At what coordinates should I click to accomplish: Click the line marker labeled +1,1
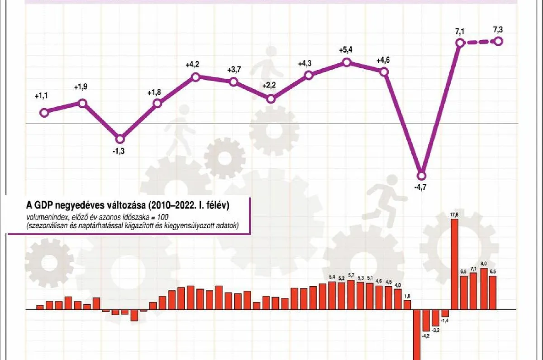click(x=44, y=113)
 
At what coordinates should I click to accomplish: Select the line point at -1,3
click(x=120, y=139)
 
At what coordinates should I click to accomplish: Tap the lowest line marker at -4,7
click(x=422, y=175)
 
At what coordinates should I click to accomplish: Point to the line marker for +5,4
click(x=347, y=62)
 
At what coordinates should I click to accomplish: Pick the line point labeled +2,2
click(x=271, y=99)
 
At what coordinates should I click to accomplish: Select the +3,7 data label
click(x=233, y=70)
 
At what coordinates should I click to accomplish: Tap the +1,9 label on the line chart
click(x=82, y=88)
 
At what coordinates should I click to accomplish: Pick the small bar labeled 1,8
click(x=407, y=305)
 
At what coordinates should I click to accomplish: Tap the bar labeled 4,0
click(x=398, y=299)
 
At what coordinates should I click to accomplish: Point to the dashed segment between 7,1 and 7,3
click(x=479, y=42)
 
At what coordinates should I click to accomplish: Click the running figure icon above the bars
click(x=384, y=195)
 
